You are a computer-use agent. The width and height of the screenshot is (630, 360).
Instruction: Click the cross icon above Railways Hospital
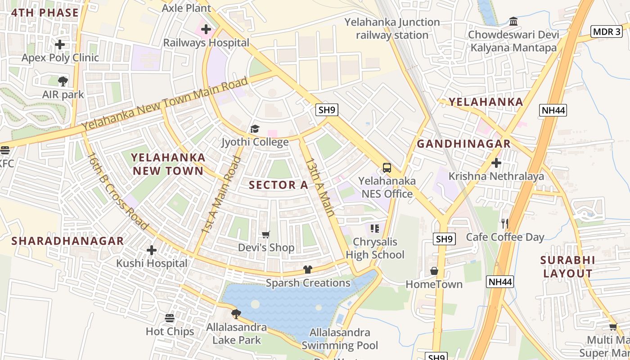pos(206,30)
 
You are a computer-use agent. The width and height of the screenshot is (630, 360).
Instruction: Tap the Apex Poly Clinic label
pos(60,58)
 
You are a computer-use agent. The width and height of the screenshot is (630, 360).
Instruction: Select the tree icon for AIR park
pos(63,81)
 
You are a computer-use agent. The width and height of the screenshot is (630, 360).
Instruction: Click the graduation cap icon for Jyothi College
pos(255,130)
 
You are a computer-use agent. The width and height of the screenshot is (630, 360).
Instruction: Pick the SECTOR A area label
pos(279,185)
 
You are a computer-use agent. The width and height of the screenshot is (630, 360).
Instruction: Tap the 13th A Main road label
pos(320,187)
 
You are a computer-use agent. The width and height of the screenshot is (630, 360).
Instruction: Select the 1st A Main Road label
pos(221,195)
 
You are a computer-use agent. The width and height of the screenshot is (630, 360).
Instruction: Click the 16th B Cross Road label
pos(118,191)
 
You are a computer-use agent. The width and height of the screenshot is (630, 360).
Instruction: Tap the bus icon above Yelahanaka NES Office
pos(387,168)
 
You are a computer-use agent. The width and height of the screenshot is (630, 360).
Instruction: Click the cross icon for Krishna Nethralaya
pos(496,163)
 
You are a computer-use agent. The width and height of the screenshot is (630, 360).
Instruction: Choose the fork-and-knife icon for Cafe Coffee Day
pos(505,224)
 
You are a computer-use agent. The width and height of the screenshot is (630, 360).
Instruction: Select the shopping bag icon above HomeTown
pos(434,271)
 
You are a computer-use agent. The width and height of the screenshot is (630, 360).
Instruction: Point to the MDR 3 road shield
pos(606,31)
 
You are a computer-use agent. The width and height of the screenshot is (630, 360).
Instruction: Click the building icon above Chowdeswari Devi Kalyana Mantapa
pos(513,21)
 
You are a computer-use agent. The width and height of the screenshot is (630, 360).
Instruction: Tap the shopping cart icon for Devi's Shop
pos(266,234)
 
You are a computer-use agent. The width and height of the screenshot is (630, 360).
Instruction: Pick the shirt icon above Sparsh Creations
pos(308,270)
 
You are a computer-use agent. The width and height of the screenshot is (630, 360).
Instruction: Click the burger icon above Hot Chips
pos(170,318)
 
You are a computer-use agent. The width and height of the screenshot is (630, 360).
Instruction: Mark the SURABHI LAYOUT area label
pos(567,267)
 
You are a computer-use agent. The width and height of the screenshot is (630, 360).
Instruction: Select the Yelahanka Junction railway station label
pos(392,28)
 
